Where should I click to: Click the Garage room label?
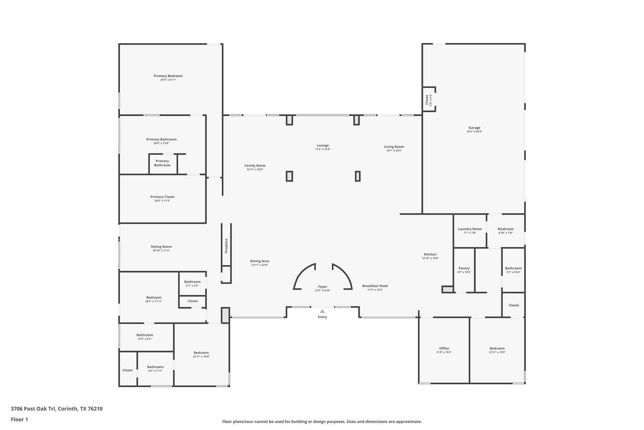click(474, 128)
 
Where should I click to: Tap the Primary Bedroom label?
click(168, 76)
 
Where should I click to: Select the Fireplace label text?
click(226, 246)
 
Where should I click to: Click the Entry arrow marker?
click(322, 311)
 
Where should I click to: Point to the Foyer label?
click(323, 287)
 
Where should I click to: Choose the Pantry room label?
click(464, 268)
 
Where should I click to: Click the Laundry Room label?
click(470, 229)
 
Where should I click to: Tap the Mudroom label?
click(506, 229)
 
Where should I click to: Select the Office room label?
click(444, 348)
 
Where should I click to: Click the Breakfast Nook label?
click(375, 286)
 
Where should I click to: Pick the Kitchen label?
click(430, 254)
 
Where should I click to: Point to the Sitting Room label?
click(161, 247)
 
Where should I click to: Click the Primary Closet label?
click(162, 197)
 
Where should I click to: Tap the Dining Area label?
click(259, 261)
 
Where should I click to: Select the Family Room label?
click(255, 166)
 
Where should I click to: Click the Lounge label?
click(323, 146)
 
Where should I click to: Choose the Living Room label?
click(394, 147)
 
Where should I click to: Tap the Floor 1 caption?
click(19, 419)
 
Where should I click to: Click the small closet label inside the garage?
click(427, 100)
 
